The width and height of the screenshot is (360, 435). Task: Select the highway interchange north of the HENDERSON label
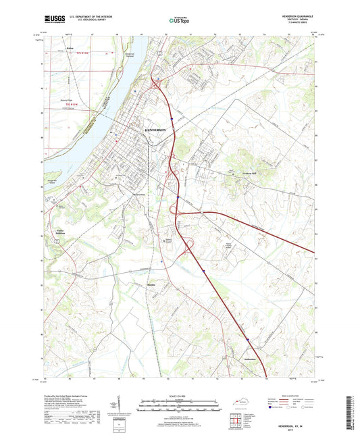[157, 84]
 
